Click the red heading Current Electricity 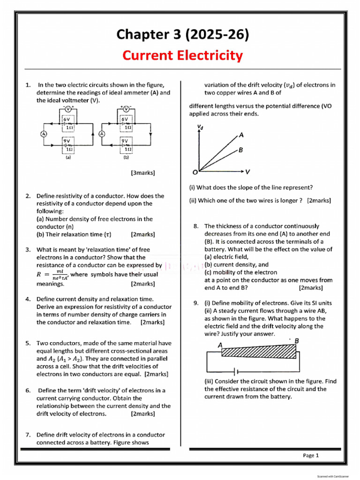(182, 56)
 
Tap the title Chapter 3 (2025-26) (182, 34)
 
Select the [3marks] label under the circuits (143, 173)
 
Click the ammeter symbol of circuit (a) (44, 134)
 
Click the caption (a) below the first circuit (68, 158)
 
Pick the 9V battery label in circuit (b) (125, 141)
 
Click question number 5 (28, 343)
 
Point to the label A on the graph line (241, 135)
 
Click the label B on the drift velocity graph (240, 150)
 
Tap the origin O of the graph (195, 172)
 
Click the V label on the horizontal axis (247, 172)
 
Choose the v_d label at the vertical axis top (200, 127)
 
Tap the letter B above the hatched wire (297, 341)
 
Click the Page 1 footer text (311, 455)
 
